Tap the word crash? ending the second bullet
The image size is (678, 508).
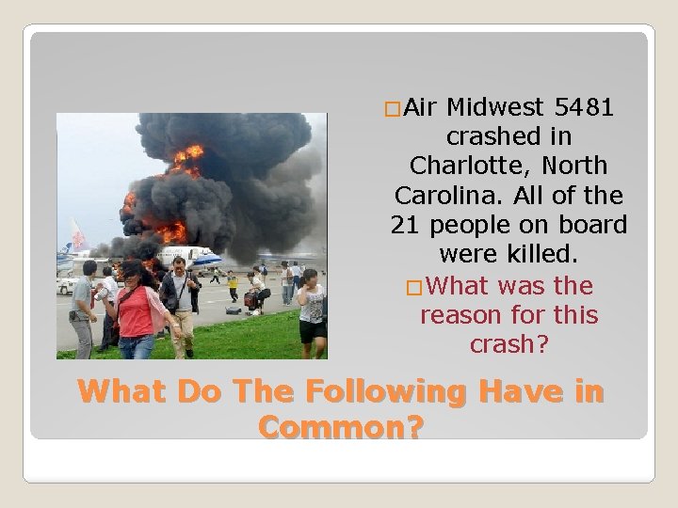[x=508, y=344]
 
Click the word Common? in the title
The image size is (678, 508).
[x=340, y=427]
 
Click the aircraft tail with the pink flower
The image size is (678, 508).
[x=77, y=236]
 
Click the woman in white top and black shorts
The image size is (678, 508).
[x=312, y=310]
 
